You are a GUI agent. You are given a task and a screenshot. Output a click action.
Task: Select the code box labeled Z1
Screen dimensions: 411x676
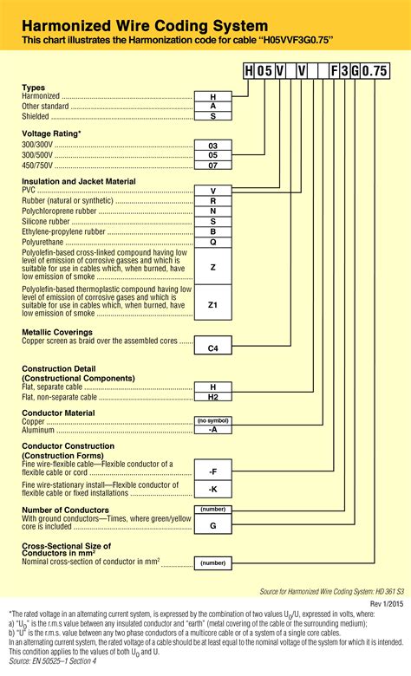point(212,304)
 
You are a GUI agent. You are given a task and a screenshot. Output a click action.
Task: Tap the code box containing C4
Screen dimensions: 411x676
point(212,348)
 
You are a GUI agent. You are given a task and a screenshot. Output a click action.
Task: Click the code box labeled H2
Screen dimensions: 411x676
point(212,397)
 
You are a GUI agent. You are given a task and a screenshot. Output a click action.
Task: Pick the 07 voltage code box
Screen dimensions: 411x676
point(212,164)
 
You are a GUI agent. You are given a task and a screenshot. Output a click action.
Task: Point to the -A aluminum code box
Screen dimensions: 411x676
point(212,429)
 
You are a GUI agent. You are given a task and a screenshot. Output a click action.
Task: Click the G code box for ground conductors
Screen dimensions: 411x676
point(212,525)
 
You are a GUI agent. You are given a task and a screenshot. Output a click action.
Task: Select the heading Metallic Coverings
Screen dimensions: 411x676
point(57,332)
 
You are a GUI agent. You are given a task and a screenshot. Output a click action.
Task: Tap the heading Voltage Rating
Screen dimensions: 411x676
point(52,133)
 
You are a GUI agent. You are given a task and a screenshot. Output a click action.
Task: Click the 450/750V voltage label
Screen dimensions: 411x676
point(38,165)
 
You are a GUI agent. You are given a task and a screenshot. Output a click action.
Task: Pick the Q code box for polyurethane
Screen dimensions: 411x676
point(212,244)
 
